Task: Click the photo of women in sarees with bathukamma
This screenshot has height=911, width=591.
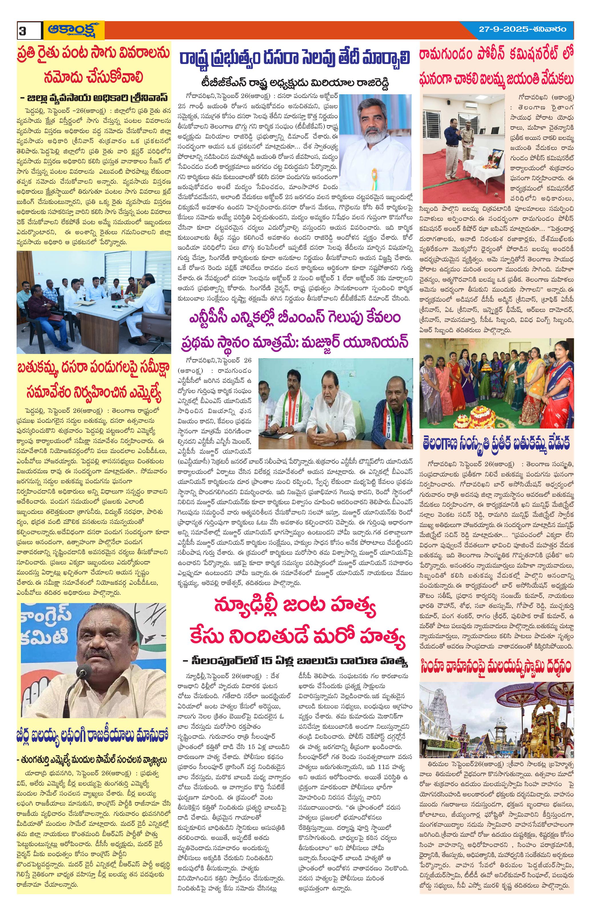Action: [496, 383]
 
